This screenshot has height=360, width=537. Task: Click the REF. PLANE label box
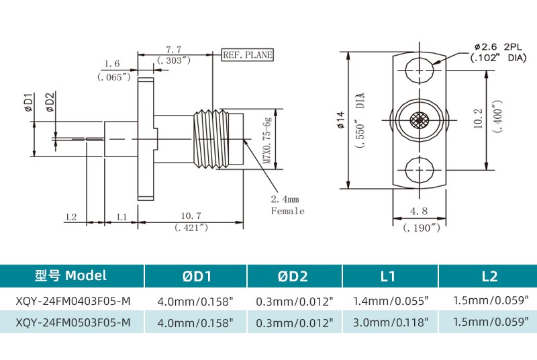tap(248, 55)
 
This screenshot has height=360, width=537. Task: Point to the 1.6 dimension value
tap(113, 64)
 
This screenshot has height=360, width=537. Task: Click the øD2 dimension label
tap(50, 102)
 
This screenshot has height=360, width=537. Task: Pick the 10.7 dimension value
tap(191, 216)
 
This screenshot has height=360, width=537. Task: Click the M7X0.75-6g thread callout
tap(266, 141)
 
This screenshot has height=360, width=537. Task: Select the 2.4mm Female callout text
tap(287, 206)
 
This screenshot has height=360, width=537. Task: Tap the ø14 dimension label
tap(340, 121)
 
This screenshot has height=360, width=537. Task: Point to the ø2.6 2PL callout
tap(497, 47)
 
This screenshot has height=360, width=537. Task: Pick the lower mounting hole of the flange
tap(419, 169)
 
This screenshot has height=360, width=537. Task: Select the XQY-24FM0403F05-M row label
tap(72, 300)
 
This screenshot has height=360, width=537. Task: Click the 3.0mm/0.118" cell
tap(391, 322)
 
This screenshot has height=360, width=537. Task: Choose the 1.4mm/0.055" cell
tap(391, 300)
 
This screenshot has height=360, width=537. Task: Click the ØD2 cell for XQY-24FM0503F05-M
tap(295, 322)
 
